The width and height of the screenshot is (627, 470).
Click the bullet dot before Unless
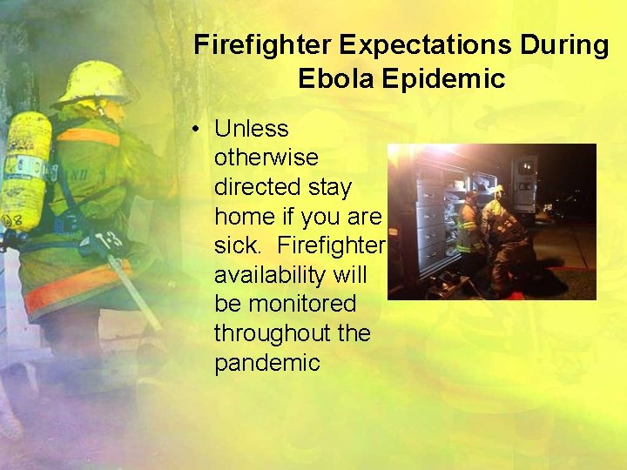pyautogui.click(x=199, y=130)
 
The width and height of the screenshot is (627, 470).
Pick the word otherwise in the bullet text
pyautogui.click(x=266, y=158)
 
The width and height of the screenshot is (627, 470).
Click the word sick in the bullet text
pyautogui.click(x=234, y=246)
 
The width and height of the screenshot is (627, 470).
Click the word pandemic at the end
pyautogui.click(x=267, y=363)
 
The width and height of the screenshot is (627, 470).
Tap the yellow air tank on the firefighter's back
pyautogui.click(x=24, y=170)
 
